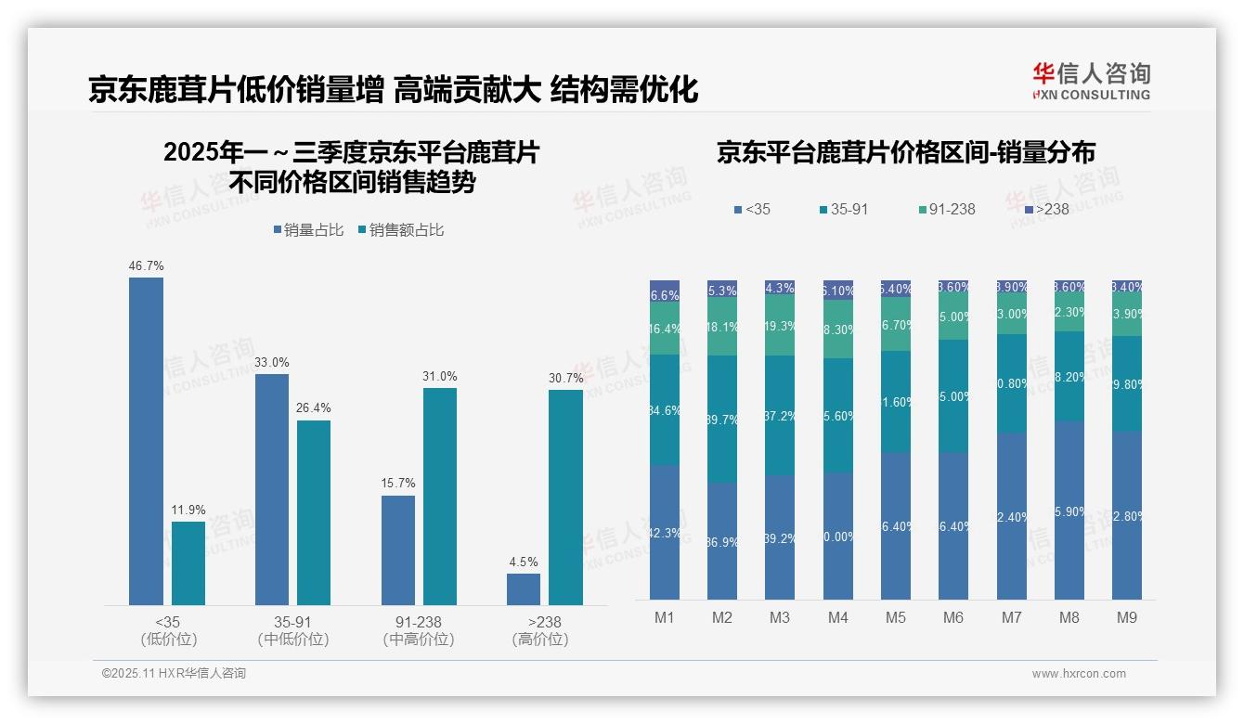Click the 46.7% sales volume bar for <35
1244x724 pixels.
[x=146, y=441]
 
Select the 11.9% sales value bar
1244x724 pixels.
[x=188, y=562]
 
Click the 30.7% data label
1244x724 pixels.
[x=566, y=378]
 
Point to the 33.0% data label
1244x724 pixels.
[x=272, y=362]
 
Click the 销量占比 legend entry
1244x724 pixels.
[x=309, y=230]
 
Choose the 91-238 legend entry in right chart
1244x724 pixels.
[x=945, y=210]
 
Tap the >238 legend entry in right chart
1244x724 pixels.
[x=1046, y=210]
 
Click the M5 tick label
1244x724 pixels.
[x=895, y=617]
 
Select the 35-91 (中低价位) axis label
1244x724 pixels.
[x=293, y=630]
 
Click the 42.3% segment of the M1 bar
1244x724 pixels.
[x=665, y=532]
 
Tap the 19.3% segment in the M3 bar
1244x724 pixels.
[x=780, y=325]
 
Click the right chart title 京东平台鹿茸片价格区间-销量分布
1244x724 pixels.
[x=905, y=153]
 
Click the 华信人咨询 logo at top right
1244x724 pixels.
[x=1091, y=81]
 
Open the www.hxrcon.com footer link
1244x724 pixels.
[x=1079, y=674]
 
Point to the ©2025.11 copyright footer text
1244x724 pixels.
[x=174, y=674]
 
